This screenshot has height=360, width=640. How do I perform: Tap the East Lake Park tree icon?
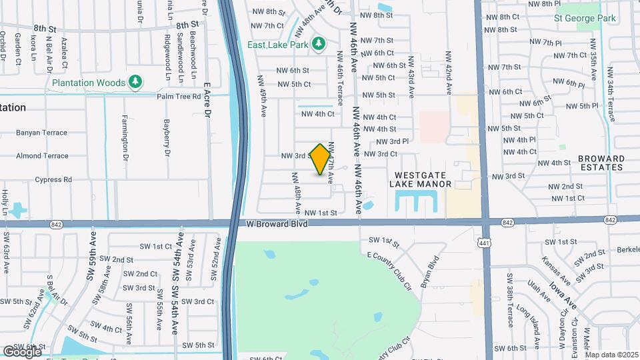pyautogui.click(x=319, y=45)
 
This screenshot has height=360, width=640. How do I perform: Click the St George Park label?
pyautogui.click(x=585, y=18)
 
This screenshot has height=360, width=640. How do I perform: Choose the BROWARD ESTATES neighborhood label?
pyautogui.click(x=601, y=163)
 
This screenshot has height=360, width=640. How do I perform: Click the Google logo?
pyautogui.click(x=22, y=351)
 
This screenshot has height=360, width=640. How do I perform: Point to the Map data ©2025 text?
pyautogui.click(x=611, y=355)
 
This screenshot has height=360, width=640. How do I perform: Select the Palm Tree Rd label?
pyautogui.click(x=179, y=96)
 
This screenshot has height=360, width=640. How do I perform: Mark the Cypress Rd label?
pyautogui.click(x=53, y=179)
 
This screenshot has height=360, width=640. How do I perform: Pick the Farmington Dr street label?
pyautogui.click(x=125, y=138)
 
